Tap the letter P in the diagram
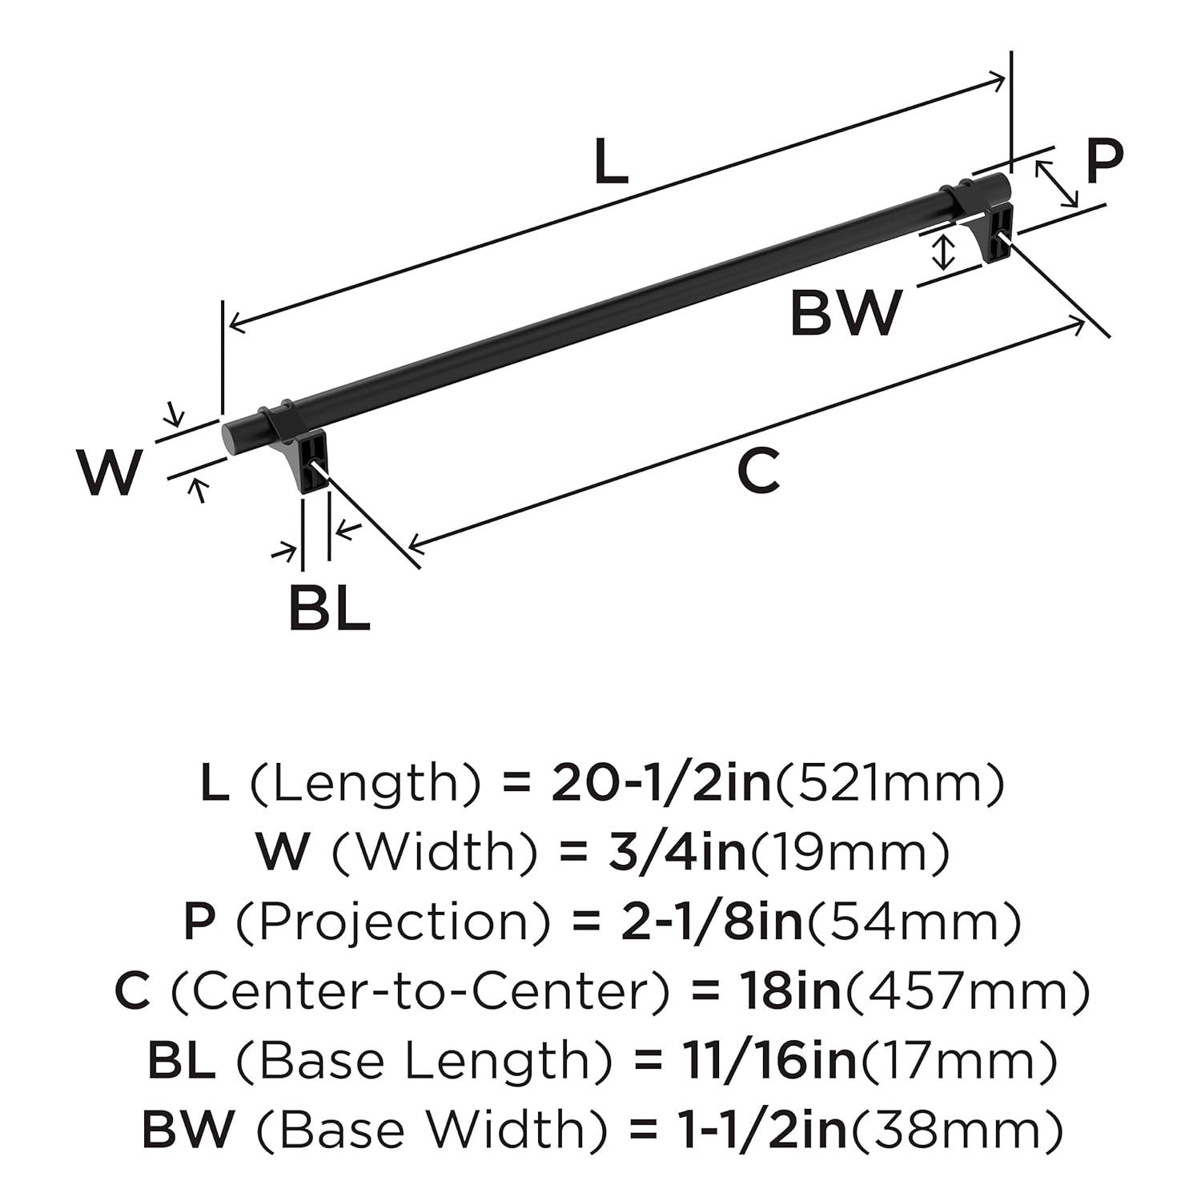coord(1104,163)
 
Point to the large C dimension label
coord(757,472)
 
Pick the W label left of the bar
coord(110,472)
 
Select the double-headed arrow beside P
coord(1056,183)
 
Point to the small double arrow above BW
coord(946,251)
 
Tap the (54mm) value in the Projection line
coord(913,922)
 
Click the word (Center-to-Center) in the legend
coord(417,991)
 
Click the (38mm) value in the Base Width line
coord(956,1129)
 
